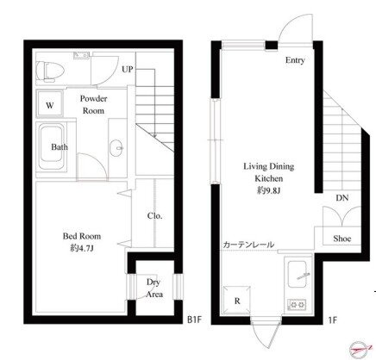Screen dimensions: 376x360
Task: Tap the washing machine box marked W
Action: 50,104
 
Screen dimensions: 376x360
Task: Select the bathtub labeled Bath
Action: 52,146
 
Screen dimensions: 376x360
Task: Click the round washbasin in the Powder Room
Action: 116,148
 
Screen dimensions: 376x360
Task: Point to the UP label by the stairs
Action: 128,69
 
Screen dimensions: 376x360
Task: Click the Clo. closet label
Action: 154,215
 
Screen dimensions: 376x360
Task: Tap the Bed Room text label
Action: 82,236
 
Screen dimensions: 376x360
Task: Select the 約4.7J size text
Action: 82,248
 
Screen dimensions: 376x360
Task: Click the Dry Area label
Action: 154,288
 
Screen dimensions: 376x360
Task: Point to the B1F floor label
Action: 195,320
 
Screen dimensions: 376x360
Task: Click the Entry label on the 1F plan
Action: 295,60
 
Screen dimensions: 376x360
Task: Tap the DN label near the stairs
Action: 342,197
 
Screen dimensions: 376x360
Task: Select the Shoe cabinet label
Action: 342,239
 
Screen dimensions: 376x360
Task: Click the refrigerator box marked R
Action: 237,301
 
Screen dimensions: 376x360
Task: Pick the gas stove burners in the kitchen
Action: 297,304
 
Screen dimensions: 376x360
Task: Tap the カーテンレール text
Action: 248,245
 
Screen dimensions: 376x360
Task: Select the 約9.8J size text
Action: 268,190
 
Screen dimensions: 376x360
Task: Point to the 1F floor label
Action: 332,320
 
